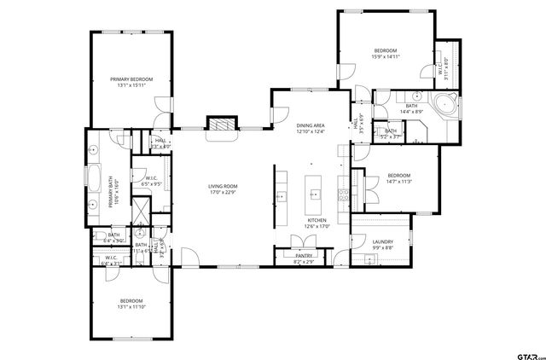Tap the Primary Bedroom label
132,79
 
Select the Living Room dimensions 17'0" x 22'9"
224,193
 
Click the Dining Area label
311,125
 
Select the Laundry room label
383,241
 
